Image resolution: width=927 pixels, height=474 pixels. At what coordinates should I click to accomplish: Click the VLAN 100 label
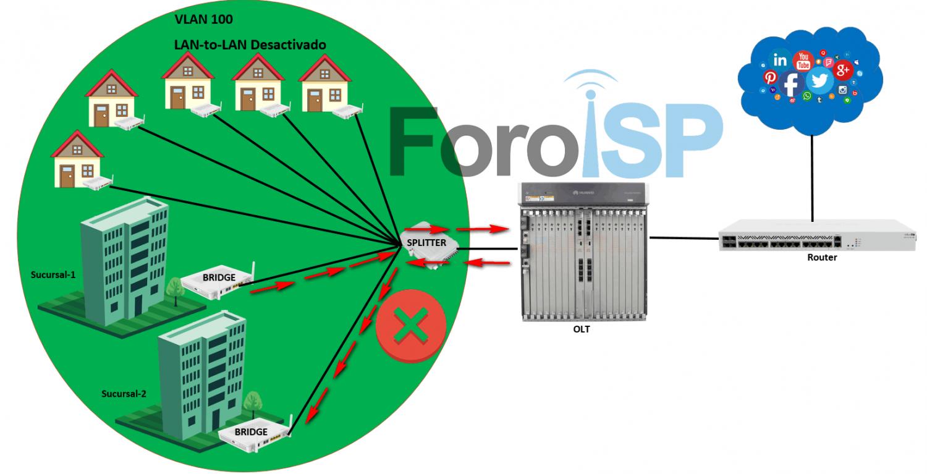pyautogui.click(x=204, y=20)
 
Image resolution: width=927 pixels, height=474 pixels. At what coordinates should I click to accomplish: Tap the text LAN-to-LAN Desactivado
pyautogui.click(x=250, y=45)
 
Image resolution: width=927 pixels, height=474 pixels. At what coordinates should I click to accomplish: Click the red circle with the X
pyautogui.click(x=411, y=326)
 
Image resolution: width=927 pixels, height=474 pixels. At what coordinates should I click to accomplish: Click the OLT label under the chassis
pyautogui.click(x=581, y=329)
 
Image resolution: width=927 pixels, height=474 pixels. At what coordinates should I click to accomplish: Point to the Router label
pyautogui.click(x=822, y=257)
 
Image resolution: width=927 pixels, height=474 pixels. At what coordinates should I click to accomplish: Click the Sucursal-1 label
pyautogui.click(x=53, y=274)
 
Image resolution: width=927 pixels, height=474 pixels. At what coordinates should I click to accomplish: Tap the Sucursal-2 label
pyautogui.click(x=124, y=393)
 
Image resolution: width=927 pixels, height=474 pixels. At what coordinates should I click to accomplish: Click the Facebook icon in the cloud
pyautogui.click(x=792, y=83)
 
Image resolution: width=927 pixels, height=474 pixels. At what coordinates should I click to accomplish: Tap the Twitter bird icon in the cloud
pyautogui.click(x=820, y=80)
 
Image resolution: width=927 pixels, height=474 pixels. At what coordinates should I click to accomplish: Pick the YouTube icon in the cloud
pyautogui.click(x=803, y=61)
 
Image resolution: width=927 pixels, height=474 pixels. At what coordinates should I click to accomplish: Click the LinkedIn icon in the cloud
pyautogui.click(x=780, y=61)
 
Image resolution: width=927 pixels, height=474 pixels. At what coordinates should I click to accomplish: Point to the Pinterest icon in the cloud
pyautogui.click(x=770, y=78)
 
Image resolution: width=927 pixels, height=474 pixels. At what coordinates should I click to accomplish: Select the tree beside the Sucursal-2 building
pyautogui.click(x=252, y=403)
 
